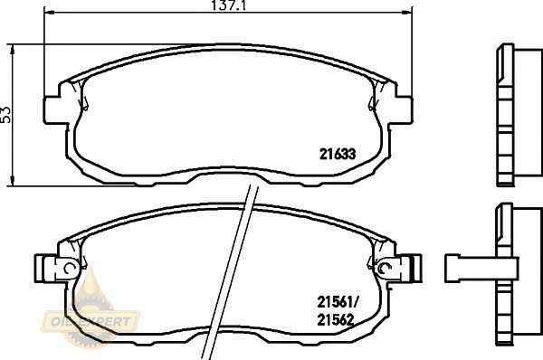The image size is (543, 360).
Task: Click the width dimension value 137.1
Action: click(x=228, y=5)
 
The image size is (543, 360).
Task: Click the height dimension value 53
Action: click(x=6, y=115)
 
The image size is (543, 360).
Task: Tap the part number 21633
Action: click(x=338, y=154)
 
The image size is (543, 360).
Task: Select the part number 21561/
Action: click(x=338, y=302)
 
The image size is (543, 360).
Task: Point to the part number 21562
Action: click(x=336, y=320)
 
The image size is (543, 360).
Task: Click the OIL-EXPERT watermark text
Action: click(x=90, y=322)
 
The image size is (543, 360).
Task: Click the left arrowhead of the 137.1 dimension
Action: click(x=50, y=13)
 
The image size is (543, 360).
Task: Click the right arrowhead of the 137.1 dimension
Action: click(x=407, y=13)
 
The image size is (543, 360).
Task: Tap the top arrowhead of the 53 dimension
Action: click(x=13, y=50)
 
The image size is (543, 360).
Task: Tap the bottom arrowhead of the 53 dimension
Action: click(x=13, y=180)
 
